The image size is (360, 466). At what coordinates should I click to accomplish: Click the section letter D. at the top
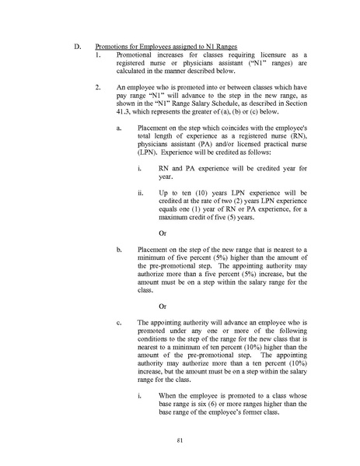click(77, 47)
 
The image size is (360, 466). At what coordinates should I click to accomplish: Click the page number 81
click(179, 440)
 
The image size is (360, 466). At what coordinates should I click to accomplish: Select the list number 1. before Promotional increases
click(97, 57)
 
